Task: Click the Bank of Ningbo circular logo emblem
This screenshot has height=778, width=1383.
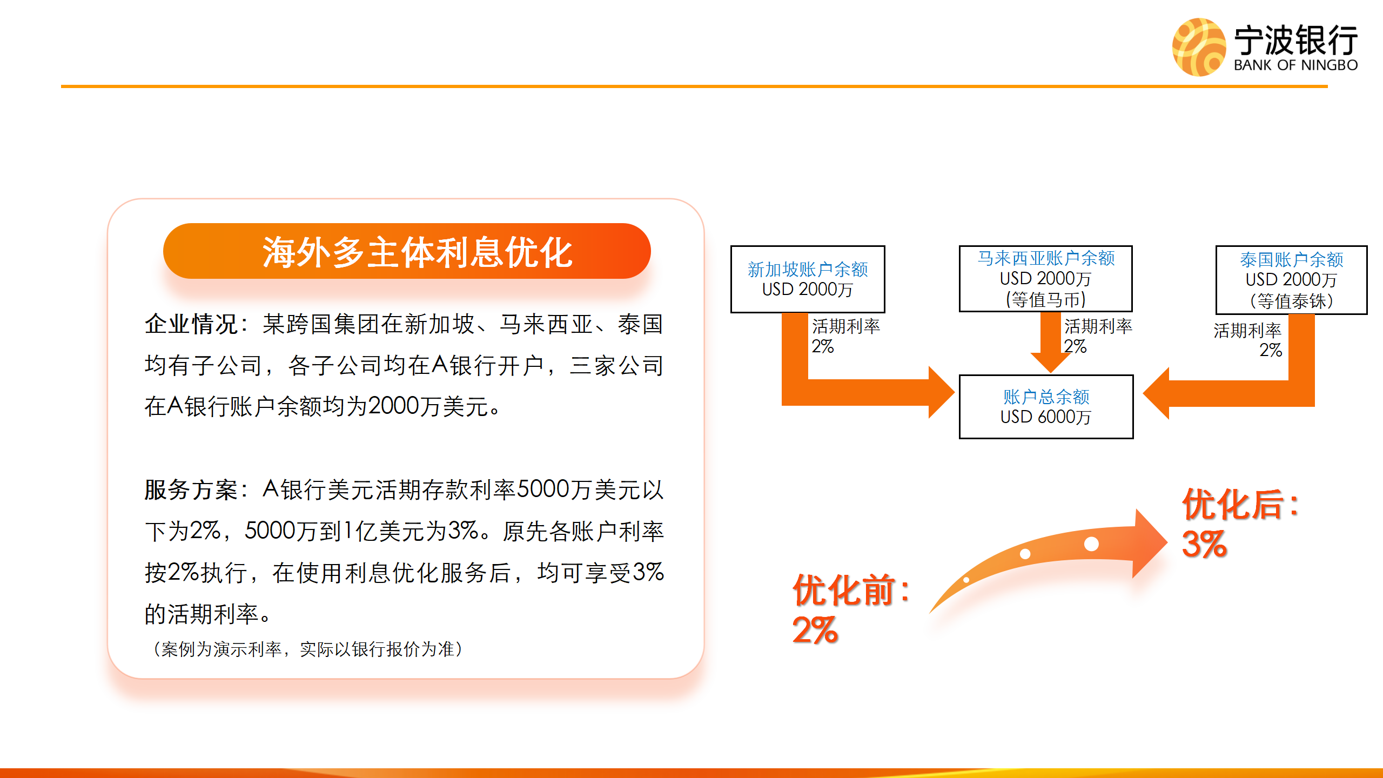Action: (1199, 47)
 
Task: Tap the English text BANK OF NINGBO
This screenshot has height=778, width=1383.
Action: (1295, 65)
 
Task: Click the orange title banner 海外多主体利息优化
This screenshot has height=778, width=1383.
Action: (407, 251)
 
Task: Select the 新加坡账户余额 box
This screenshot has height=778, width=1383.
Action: (808, 279)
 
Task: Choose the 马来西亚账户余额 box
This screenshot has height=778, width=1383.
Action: (1046, 279)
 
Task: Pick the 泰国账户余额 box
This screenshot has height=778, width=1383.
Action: (1291, 280)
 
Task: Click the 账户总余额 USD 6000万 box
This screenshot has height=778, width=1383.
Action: (1046, 407)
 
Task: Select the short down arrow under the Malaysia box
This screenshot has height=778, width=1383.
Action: (1051, 342)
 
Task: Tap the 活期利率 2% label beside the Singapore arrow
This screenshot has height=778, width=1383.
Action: (846, 336)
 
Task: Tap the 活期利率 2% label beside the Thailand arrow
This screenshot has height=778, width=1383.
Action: (1247, 340)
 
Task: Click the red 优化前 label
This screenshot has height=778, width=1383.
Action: (851, 590)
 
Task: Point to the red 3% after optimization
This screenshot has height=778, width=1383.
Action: (1204, 544)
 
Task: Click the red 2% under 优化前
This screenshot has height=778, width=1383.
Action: (815, 630)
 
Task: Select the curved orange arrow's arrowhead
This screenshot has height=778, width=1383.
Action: (1150, 543)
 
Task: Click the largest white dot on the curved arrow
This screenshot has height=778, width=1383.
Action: (1091, 544)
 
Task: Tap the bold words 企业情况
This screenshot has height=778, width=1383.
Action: (191, 324)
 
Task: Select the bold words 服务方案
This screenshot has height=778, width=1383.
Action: (191, 490)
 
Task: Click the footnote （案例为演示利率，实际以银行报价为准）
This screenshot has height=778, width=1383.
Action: (308, 649)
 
